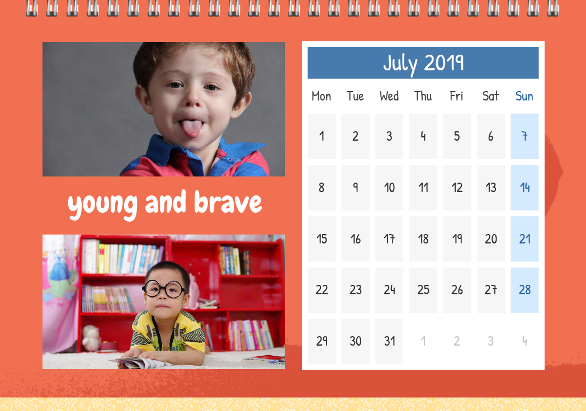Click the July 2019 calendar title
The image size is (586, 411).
(423, 63)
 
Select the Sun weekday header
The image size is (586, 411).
(524, 96)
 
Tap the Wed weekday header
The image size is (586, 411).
(389, 96)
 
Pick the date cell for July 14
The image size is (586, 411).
(524, 188)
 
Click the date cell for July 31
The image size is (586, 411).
(389, 341)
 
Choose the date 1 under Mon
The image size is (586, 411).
(322, 136)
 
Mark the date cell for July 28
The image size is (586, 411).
(524, 290)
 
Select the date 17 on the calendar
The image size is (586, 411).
(389, 239)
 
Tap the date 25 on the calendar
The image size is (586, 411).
(423, 290)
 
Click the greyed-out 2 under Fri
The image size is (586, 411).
(457, 341)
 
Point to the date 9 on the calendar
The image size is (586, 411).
(356, 188)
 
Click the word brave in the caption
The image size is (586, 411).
(228, 202)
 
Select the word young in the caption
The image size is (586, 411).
(103, 205)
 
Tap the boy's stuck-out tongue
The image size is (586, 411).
(191, 128)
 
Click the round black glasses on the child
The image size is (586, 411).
(164, 289)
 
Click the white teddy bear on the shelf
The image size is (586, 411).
(91, 338)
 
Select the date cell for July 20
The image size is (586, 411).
(491, 239)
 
